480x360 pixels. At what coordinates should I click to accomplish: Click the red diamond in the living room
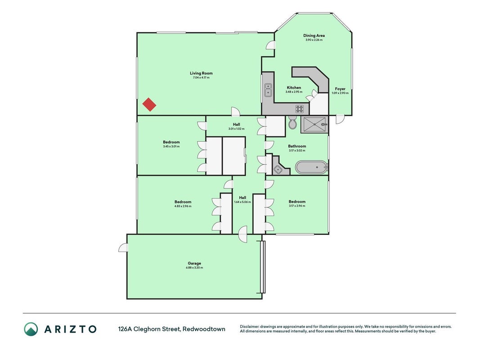[149, 104]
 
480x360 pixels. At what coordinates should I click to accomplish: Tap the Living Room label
[201, 73]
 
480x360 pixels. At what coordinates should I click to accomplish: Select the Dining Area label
[314, 36]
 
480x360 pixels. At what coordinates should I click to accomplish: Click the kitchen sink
[268, 90]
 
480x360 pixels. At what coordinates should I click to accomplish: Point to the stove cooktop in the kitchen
[300, 108]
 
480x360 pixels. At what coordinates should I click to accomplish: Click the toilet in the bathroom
[293, 122]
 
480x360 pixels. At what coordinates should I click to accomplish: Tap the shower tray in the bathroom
[314, 125]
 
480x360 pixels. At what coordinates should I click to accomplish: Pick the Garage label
[194, 263]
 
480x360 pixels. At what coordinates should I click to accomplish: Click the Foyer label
[340, 89]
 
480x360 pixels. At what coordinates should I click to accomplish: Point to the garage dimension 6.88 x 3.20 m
[194, 268]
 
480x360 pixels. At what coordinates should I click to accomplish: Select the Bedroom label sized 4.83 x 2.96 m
[183, 202]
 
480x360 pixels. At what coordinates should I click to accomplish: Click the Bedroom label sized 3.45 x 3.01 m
[171, 142]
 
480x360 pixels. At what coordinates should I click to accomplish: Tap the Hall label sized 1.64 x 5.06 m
[242, 198]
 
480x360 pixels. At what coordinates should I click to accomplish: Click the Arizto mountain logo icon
[31, 329]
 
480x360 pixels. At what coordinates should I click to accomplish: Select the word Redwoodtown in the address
[204, 329]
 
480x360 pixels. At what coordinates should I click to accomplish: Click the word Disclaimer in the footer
[250, 327]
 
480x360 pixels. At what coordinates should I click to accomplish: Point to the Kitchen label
[294, 88]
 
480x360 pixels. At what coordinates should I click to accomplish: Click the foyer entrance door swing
[339, 119]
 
